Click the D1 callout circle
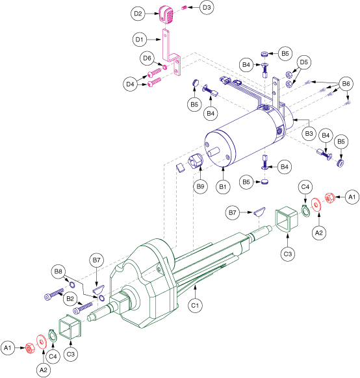pos(140,40)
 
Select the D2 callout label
pos(138,14)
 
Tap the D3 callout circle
pos(207,8)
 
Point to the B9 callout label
pos(200,186)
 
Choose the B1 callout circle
pos(223,186)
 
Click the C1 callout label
pos(195,305)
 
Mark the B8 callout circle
pos(58,271)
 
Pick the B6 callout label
pos(346,84)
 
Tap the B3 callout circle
pos(309,133)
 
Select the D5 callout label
pos(304,62)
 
